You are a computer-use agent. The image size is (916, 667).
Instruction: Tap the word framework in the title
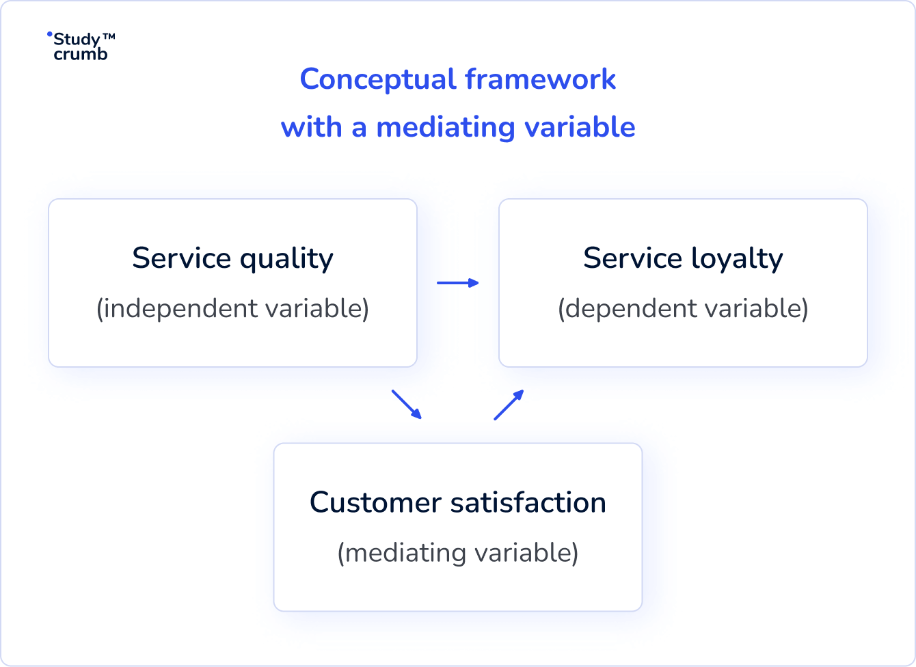tap(541, 80)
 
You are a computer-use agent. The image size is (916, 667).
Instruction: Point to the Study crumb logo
tap(79, 46)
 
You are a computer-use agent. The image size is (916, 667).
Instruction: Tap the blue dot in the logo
tap(49, 33)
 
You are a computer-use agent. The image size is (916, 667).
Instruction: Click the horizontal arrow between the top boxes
tap(457, 283)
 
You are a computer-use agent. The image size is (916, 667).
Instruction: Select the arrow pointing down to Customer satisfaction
tap(407, 404)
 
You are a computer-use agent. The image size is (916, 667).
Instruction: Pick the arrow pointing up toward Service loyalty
tap(509, 405)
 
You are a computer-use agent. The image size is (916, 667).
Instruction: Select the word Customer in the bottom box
tap(375, 503)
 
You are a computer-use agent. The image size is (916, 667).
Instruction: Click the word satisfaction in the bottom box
tap(528, 503)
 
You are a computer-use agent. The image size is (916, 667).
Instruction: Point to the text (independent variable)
tap(232, 308)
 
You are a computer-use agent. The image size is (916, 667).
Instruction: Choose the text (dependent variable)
tap(683, 308)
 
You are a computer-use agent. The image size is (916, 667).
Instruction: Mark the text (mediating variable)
tap(458, 552)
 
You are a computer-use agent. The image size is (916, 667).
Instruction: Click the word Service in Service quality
tap(181, 258)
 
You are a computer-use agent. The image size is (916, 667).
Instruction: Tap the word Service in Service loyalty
tap(632, 258)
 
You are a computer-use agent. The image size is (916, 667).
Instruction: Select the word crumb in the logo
tap(81, 55)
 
